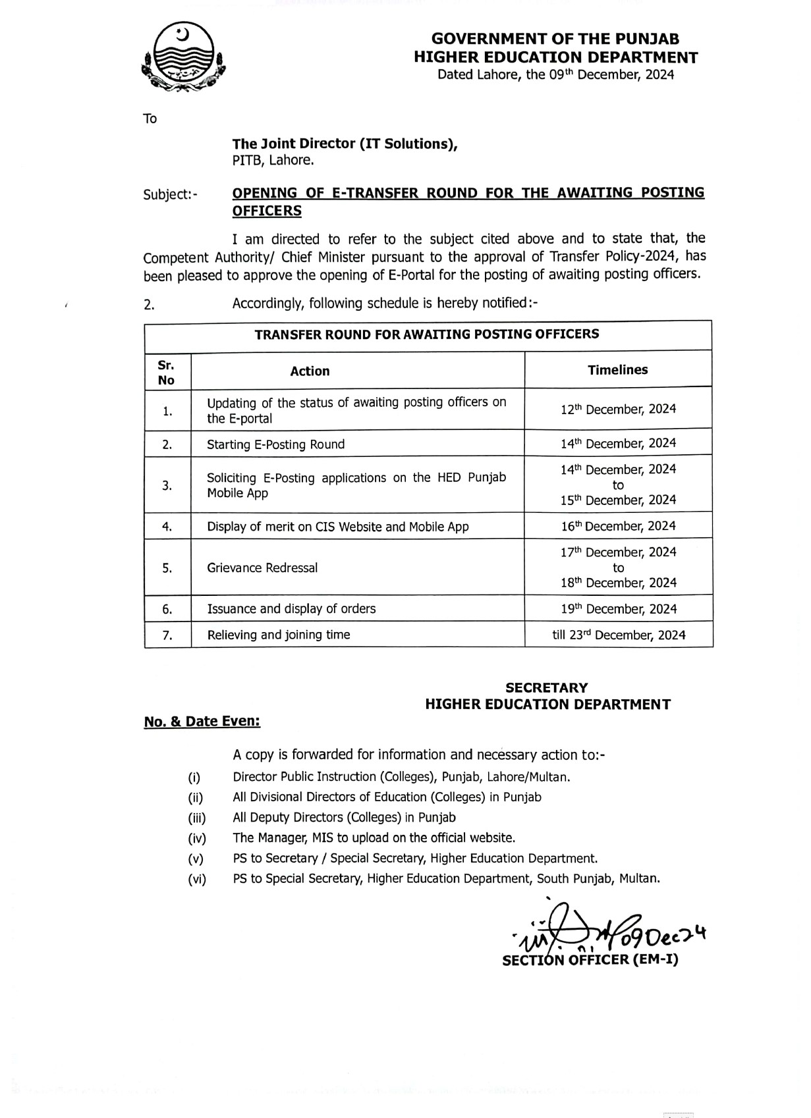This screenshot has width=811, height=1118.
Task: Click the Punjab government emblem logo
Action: point(184,58)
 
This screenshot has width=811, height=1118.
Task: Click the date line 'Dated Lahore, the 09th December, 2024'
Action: point(555,74)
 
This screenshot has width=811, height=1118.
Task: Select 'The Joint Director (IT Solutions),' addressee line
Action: point(345,144)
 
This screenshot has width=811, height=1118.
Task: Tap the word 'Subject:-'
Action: point(170,194)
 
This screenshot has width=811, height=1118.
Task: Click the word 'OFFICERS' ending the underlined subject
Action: point(267,211)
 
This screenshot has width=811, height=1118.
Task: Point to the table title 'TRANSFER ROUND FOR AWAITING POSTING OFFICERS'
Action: point(427,334)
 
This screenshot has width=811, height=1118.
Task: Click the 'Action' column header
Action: point(310,371)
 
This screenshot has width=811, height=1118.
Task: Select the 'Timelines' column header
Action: point(617,370)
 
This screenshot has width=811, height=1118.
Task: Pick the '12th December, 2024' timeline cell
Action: point(618,409)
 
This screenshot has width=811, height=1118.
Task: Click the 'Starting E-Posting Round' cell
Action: point(275,444)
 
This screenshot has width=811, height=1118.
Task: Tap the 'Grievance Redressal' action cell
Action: point(262,568)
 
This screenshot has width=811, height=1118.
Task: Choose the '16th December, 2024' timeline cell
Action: point(618,526)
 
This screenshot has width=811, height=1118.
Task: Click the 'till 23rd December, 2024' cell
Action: point(619,635)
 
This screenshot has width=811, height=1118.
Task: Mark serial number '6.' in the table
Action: point(167,610)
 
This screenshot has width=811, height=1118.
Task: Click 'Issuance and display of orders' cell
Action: point(291,609)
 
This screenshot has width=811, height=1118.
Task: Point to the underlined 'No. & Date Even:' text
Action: point(202,722)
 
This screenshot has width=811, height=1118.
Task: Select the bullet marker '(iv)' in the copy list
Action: point(197,838)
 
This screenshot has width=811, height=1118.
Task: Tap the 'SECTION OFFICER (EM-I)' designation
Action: point(590,960)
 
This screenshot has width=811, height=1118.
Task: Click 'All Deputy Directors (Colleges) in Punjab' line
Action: point(344,817)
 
